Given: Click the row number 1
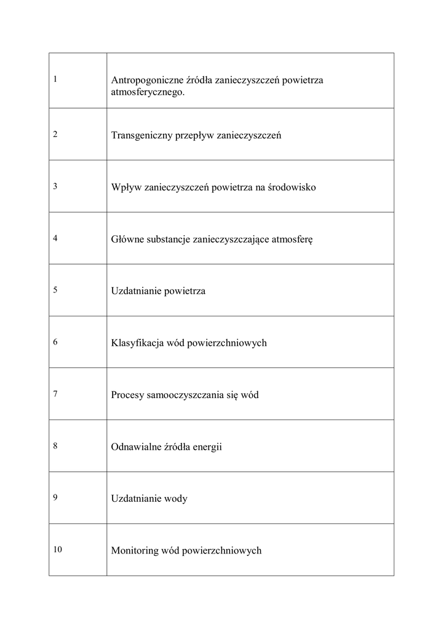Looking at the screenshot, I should tap(55, 79).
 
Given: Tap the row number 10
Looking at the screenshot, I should tap(57, 550).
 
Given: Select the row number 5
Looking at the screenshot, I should tap(55, 290).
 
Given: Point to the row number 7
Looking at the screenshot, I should tap(55, 394).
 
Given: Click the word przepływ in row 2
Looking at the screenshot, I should tap(194, 135).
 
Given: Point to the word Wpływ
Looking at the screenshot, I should tap(125, 187).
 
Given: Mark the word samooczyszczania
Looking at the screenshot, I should tap(185, 395).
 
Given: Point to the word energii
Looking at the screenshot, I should tap(207, 447).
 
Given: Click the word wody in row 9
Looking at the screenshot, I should tap(176, 498).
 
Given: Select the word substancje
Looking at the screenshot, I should tap(169, 239).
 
